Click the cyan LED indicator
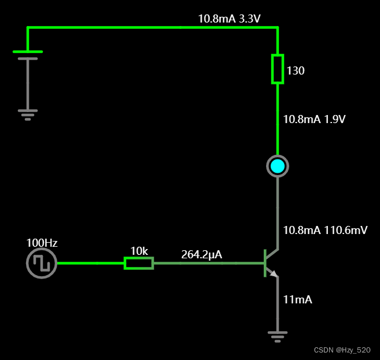[x=278, y=166]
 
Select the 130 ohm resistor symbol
[x=278, y=69]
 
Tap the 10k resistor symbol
[x=139, y=263]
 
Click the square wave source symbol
[x=42, y=263]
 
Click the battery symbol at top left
[x=27, y=55]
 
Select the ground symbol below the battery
[x=27, y=113]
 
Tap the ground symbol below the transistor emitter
[x=278, y=335]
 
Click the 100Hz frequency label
[x=42, y=243]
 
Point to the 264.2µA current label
[x=202, y=254]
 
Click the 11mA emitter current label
[x=297, y=299]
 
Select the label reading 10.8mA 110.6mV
[x=325, y=230]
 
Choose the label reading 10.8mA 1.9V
[x=314, y=120]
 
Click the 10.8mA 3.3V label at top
[x=229, y=18]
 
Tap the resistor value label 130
[x=296, y=71]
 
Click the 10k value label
[x=139, y=251]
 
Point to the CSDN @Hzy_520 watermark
[x=342, y=350]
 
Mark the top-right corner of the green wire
[x=278, y=27]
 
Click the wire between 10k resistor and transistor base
[x=208, y=263]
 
